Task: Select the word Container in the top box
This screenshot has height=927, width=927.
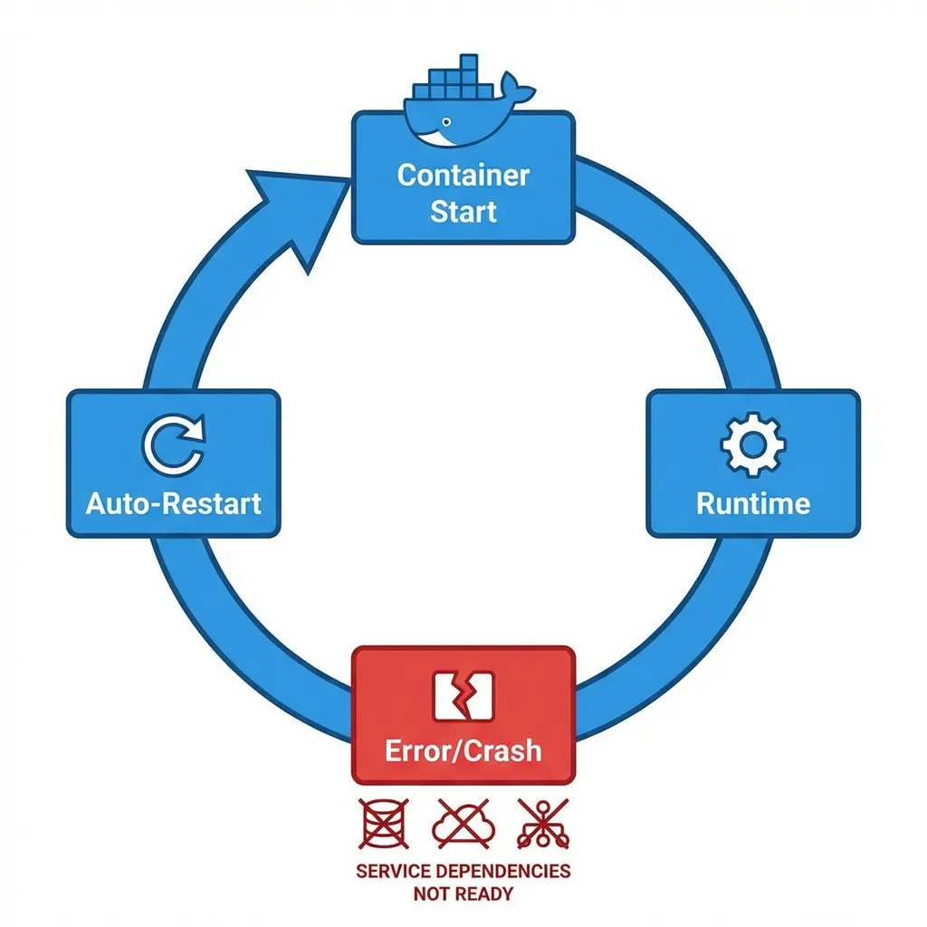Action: point(463,174)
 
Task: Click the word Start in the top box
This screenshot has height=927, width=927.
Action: point(463,211)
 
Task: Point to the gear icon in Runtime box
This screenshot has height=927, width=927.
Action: point(753,443)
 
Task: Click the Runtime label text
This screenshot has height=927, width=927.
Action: point(753,502)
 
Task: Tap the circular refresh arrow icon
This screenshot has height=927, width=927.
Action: point(174,443)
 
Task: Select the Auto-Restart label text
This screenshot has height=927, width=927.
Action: point(174,502)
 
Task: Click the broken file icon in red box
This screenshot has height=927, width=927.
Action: point(463,696)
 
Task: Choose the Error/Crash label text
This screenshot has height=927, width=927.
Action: point(463,750)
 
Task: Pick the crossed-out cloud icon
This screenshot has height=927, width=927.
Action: point(463,823)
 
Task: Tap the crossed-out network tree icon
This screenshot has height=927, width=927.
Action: point(543,823)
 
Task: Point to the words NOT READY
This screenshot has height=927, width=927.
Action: point(463,894)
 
